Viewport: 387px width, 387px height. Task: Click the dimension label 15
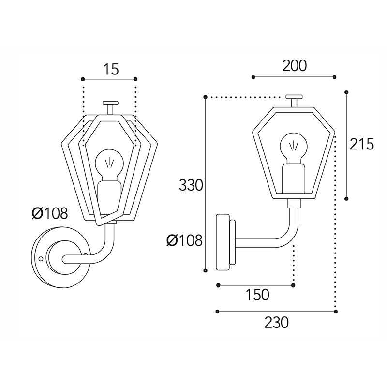coord(111,69)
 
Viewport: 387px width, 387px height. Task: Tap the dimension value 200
coord(295,66)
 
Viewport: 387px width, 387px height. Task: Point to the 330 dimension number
coord(191,185)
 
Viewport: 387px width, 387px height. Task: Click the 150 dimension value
coord(257,295)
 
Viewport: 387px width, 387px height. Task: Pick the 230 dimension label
coord(276,323)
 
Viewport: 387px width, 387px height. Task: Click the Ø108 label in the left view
coord(50,213)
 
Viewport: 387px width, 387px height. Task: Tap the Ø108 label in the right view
coord(184,240)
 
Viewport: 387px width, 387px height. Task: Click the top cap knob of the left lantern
coord(111,107)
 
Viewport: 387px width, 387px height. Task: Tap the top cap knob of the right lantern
coord(294,101)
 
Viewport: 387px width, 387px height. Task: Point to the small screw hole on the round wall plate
coord(41,259)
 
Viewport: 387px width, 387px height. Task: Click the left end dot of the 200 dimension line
coord(253,77)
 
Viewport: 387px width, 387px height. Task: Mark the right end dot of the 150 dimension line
coord(293,285)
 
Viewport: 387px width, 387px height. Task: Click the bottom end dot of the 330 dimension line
coord(205,270)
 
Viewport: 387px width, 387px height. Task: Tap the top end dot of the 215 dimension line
coord(346,92)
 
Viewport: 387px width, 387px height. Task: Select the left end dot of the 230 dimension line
coord(217,312)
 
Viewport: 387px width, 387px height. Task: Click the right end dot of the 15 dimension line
coord(135,79)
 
